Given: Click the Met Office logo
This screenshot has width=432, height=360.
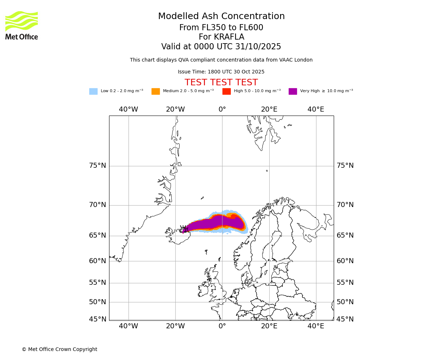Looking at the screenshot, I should (x=22, y=25).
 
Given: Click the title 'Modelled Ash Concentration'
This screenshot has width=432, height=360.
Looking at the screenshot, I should (x=221, y=17).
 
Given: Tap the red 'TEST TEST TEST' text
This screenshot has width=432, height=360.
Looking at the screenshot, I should (x=221, y=82).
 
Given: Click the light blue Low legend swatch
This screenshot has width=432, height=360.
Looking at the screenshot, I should (x=93, y=91).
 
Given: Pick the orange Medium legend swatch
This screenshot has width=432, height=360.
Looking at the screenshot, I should (x=156, y=91).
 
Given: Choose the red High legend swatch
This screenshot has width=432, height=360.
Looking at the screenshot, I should (x=226, y=91).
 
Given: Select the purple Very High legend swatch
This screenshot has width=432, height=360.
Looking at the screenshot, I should (x=293, y=91).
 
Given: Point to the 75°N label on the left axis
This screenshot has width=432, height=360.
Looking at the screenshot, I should (x=98, y=166).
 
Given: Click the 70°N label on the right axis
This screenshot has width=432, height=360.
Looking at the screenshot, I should (x=345, y=205).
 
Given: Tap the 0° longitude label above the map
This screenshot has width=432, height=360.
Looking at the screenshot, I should (x=222, y=109).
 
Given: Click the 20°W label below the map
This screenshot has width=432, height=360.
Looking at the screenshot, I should (x=175, y=326).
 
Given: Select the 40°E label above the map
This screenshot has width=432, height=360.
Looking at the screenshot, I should (x=316, y=109).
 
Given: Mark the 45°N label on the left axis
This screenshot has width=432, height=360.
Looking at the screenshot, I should (x=98, y=319).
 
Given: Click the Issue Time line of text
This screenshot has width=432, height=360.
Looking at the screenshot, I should (x=221, y=72).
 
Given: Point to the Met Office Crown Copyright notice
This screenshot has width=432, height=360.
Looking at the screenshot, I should (x=59, y=349).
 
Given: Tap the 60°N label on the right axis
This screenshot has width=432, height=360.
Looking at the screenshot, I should (x=345, y=261).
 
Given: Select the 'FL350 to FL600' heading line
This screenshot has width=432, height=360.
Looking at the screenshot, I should (x=221, y=28).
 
